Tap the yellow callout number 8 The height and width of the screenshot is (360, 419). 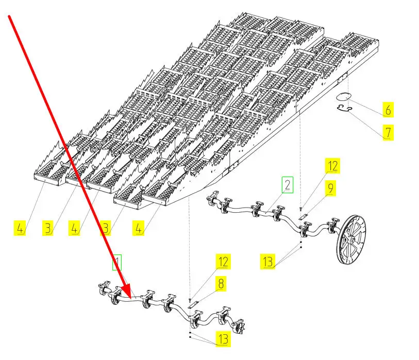[x=222, y=284]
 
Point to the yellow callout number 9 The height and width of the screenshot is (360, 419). [x=330, y=189]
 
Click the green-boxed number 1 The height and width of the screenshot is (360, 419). [x=118, y=263]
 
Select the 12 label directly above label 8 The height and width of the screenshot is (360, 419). [x=222, y=262]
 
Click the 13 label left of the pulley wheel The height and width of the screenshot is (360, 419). [x=267, y=262]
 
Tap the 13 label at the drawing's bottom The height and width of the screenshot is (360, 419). [x=223, y=339]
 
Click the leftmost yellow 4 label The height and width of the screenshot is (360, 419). [x=20, y=227]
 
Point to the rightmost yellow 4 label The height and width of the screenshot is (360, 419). [x=139, y=227]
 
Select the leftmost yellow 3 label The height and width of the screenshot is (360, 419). [x=48, y=227]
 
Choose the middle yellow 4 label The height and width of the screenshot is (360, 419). [x=75, y=227]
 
